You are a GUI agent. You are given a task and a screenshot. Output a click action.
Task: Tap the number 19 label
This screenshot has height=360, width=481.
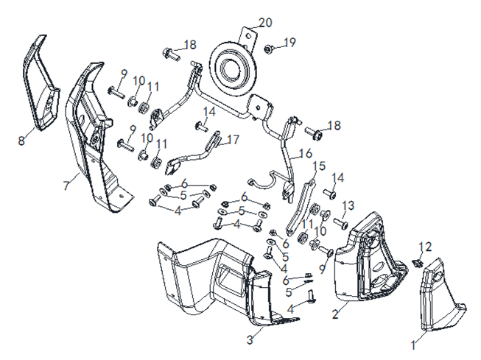(x=290, y=42)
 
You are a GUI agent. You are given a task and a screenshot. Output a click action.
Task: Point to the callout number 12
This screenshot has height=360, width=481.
(x=426, y=246)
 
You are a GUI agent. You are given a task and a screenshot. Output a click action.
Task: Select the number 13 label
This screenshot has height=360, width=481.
(x=348, y=205)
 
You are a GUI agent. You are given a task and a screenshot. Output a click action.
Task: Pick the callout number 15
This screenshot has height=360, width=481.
(x=318, y=166)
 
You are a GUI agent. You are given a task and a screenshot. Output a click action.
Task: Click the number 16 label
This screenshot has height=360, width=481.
(x=306, y=155)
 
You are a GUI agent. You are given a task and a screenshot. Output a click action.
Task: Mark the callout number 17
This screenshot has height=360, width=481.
(x=233, y=138)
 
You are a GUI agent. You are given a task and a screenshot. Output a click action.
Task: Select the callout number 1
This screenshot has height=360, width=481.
(x=413, y=344)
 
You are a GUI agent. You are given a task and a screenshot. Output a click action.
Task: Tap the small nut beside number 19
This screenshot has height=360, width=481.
(x=270, y=49)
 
